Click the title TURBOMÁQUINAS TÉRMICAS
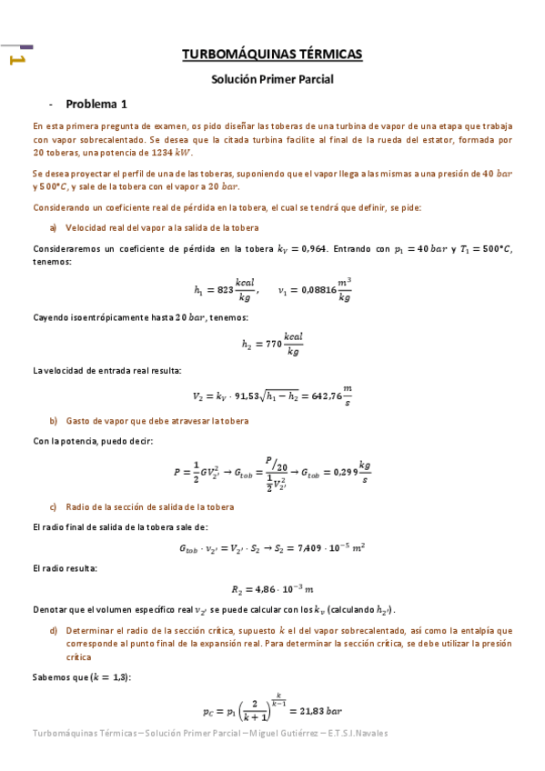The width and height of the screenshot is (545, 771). click(272, 55)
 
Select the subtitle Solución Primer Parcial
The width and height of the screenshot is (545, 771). click(272, 79)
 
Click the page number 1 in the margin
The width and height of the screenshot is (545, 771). click(15, 60)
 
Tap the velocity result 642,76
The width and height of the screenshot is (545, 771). click(316, 396)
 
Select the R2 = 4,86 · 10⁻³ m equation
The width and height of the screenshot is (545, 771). click(272, 589)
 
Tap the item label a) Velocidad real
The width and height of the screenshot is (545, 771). click(155, 227)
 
